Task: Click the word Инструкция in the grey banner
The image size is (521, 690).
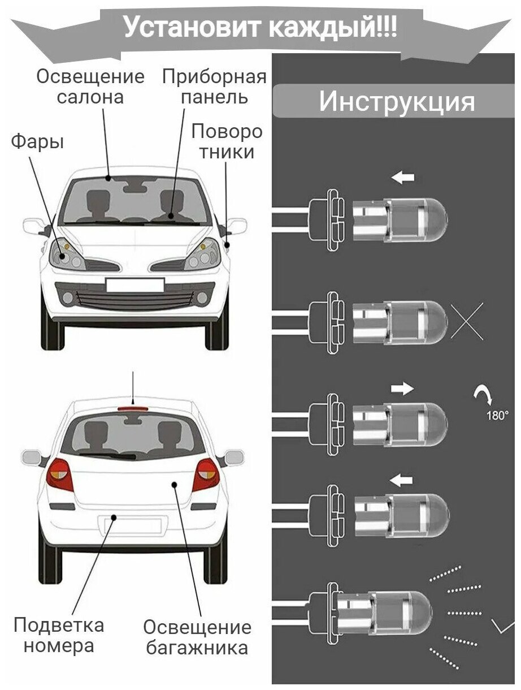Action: click(x=396, y=101)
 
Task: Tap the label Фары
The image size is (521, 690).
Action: click(x=37, y=142)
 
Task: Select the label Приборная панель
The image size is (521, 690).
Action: click(x=214, y=86)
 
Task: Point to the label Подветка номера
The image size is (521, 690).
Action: click(x=59, y=635)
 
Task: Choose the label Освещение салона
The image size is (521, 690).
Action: click(x=90, y=86)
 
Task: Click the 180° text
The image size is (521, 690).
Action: click(x=497, y=415)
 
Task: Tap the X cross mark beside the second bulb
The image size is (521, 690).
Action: click(x=467, y=321)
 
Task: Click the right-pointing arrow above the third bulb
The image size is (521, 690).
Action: click(x=402, y=389)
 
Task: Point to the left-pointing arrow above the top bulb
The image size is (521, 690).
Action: click(x=403, y=178)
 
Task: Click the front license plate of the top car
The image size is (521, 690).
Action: click(x=134, y=284)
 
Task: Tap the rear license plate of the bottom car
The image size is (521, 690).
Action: click(x=132, y=525)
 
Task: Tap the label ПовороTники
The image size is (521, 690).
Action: click(x=227, y=141)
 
